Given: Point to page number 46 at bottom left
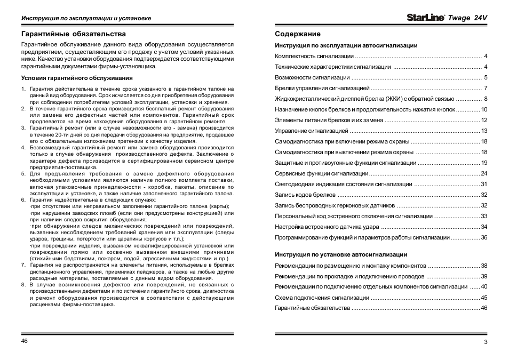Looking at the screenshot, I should tap(25, 341).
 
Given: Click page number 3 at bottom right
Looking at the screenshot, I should tap(486, 342).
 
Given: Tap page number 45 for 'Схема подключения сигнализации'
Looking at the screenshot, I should tap(484, 298).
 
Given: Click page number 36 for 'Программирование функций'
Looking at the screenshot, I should tap(484, 237).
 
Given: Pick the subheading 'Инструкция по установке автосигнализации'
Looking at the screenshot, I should tap(341, 254).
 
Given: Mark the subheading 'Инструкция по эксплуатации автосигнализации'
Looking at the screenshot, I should tap(346, 45).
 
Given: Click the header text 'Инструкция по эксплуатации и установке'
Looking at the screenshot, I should tap(86, 18).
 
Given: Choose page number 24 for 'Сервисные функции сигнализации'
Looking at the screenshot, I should tap(484, 173).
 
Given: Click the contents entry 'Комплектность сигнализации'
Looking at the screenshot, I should tap(314, 56).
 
